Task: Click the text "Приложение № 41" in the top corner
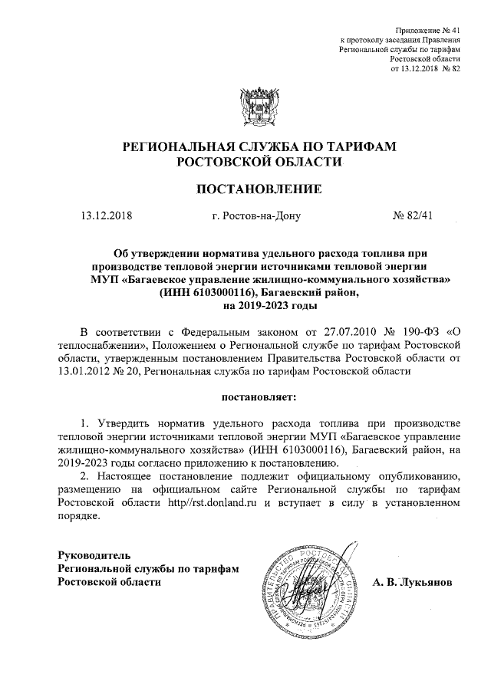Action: (426, 28)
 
